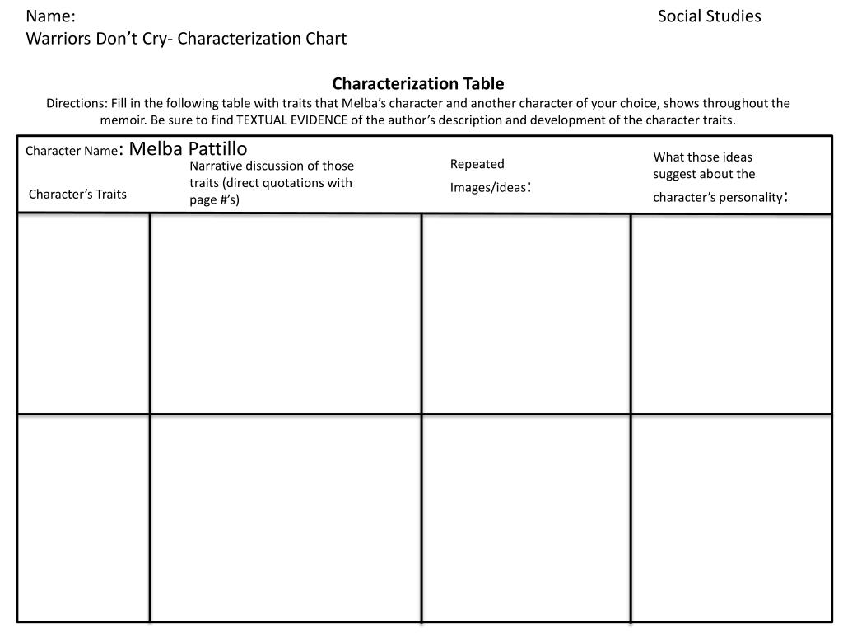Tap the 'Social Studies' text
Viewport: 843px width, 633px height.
pos(709,16)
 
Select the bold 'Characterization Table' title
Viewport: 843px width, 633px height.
pos(417,83)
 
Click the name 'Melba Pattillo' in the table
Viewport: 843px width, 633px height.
pos(188,148)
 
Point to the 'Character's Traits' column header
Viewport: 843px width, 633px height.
pos(77,195)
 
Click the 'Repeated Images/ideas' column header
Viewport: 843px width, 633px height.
pos(489,176)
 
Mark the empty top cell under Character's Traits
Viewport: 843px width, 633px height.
pos(83,313)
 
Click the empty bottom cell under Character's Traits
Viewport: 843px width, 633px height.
pos(83,518)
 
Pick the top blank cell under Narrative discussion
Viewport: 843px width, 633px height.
pos(286,313)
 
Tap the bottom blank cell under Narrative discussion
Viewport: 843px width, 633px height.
pos(286,518)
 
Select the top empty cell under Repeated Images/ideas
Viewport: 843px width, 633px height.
pos(526,313)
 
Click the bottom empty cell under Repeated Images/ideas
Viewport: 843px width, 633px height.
pos(526,518)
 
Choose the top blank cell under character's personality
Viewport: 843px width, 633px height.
pos(731,313)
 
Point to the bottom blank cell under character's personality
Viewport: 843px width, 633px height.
pos(731,518)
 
